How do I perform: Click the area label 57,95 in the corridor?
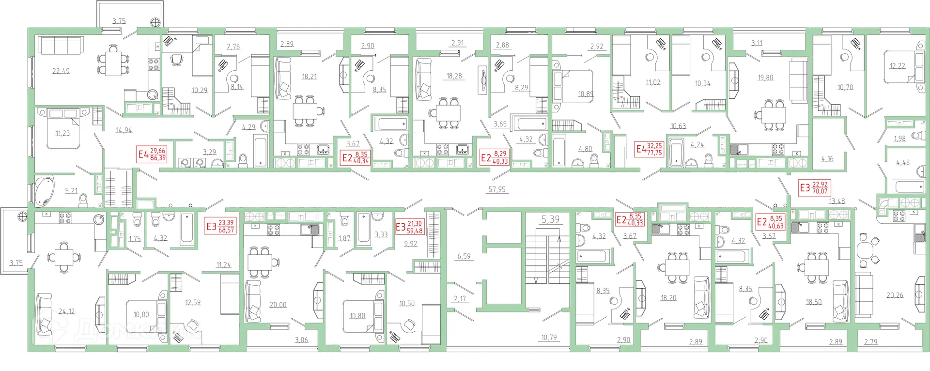497,189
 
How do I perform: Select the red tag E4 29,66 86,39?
152,154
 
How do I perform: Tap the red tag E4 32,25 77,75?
649,149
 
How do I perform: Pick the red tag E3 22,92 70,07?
814,187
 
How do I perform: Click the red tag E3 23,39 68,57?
220,226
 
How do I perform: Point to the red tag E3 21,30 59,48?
410,227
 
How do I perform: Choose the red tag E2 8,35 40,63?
770,222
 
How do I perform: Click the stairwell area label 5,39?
550,220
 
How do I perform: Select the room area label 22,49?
61,71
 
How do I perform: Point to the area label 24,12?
66,311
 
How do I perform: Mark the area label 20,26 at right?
895,295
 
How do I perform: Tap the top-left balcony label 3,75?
119,21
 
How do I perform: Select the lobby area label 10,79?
549,337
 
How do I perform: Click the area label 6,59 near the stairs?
464,256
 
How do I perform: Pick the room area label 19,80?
765,77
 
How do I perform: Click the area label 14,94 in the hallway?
124,130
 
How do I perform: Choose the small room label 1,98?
899,139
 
